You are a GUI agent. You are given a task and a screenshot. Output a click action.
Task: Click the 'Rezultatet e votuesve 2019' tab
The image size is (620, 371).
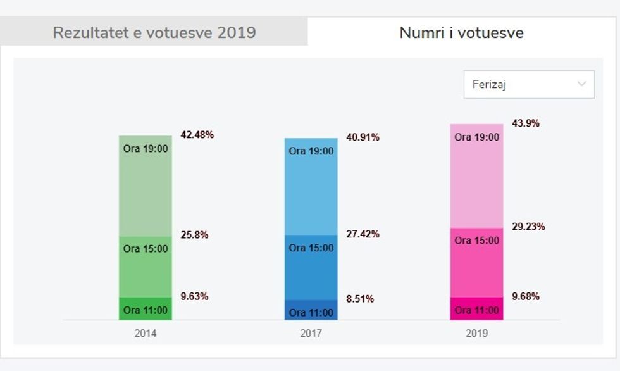[x=154, y=33]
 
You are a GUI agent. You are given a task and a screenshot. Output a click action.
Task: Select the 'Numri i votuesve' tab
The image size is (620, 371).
[x=461, y=33]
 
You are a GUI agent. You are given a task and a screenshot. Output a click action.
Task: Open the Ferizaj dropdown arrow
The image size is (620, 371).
[x=581, y=84]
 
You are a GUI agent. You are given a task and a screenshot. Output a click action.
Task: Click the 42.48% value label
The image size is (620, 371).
[x=197, y=135]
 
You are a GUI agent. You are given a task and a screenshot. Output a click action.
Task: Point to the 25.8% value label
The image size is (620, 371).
[x=194, y=235]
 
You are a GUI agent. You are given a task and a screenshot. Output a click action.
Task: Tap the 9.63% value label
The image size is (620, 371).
[x=194, y=296]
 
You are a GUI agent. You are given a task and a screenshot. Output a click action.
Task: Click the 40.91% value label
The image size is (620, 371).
[x=363, y=137]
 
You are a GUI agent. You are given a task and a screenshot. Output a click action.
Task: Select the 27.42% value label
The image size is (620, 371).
[x=363, y=234]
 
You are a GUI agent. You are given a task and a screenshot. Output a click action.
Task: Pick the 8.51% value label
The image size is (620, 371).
[x=360, y=299]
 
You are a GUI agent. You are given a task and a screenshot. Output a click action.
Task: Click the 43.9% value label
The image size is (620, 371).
[x=526, y=123]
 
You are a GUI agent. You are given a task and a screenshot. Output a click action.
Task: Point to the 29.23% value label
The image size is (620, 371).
[x=528, y=227]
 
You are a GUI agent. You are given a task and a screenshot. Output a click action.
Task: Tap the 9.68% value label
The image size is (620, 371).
[x=526, y=296]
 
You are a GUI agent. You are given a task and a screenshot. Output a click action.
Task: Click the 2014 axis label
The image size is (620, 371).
[x=146, y=333]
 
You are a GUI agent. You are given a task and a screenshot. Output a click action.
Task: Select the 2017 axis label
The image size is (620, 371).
[x=311, y=333]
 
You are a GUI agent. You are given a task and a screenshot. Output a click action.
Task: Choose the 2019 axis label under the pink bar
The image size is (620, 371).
[x=477, y=333]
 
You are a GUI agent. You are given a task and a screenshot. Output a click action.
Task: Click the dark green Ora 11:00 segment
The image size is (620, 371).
[x=146, y=309]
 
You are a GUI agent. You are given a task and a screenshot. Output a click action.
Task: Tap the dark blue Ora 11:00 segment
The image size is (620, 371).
[x=311, y=310]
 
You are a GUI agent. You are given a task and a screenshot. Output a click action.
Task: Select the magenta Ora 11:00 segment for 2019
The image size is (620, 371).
[x=477, y=309]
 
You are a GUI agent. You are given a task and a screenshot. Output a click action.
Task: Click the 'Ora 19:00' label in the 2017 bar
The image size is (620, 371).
[x=311, y=151]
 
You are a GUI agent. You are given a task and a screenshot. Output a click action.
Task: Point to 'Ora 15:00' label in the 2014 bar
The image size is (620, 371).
[x=146, y=249]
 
